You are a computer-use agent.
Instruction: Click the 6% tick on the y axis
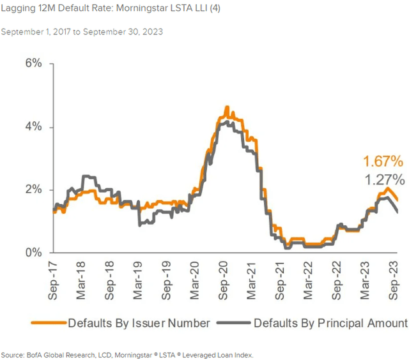[x=33, y=64]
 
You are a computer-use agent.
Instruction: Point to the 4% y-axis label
[x=33, y=126]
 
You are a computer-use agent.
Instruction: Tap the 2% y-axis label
[x=33, y=190]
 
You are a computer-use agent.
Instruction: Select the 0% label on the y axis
[x=33, y=253]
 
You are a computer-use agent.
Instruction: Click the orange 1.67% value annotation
[x=383, y=161]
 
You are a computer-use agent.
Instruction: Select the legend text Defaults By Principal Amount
[x=330, y=323]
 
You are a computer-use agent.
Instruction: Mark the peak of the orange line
[x=227, y=107]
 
